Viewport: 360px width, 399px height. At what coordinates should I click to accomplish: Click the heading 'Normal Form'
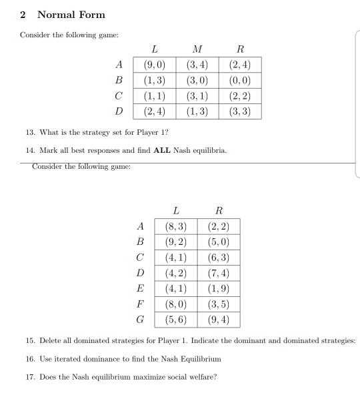coord(71,14)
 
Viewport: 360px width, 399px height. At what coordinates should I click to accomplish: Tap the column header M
coord(196,49)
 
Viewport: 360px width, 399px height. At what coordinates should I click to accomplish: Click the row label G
coord(140,319)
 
